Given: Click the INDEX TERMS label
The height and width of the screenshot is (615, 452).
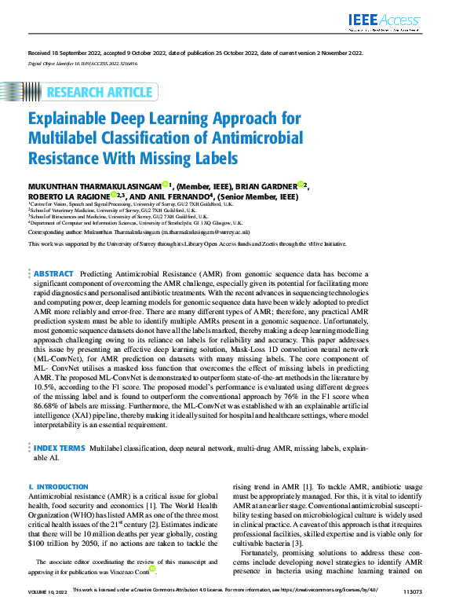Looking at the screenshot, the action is point(60,447).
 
